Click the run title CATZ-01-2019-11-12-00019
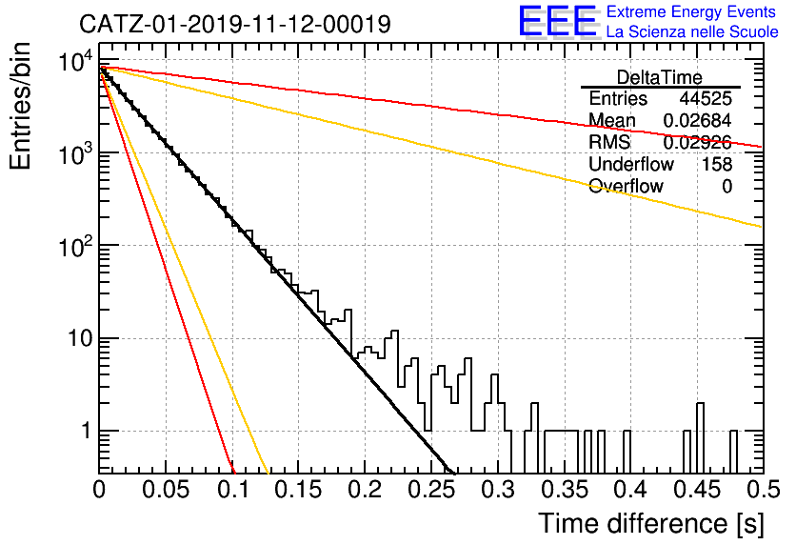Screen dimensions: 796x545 click(x=235, y=24)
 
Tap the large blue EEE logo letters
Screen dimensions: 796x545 click(x=557, y=21)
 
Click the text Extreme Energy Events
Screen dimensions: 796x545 click(x=691, y=11)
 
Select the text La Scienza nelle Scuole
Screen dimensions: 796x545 click(x=692, y=32)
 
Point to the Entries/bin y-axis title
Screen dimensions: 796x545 click(x=20, y=107)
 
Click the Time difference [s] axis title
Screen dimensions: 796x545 click(x=651, y=524)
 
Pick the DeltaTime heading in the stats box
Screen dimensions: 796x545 click(x=660, y=77)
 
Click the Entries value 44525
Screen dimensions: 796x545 click(x=706, y=98)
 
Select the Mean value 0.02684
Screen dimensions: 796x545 click(x=697, y=120)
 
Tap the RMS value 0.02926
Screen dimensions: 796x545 click(x=697, y=143)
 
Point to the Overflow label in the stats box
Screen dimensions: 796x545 click(x=626, y=186)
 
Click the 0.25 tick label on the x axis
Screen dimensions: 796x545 click(x=431, y=490)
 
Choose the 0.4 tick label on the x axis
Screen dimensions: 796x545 click(x=630, y=490)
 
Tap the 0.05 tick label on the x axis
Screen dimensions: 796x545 click(x=166, y=490)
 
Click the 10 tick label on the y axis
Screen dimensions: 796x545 click(x=81, y=338)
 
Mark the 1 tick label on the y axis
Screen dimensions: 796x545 click(x=86, y=431)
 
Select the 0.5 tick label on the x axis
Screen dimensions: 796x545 click(x=764, y=490)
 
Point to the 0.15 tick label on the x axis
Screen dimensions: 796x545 click(x=299, y=490)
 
